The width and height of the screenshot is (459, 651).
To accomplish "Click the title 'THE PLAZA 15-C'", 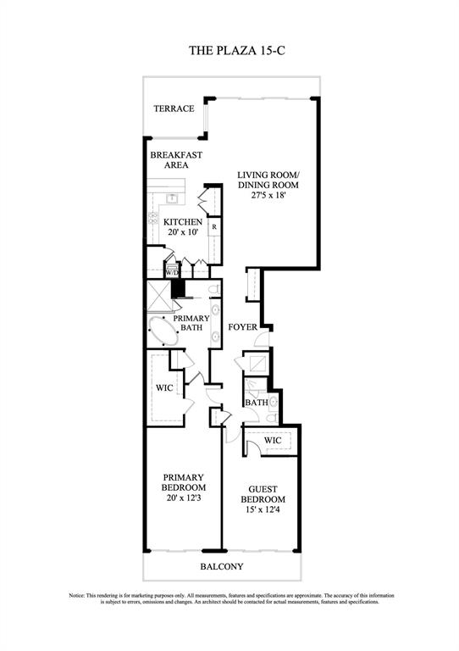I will (229, 52).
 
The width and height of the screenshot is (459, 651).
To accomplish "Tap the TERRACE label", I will (174, 108).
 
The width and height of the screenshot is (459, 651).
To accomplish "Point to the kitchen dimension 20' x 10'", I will (183, 234).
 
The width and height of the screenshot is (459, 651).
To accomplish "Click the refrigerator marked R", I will (214, 227).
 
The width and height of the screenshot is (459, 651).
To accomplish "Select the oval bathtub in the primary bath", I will (163, 328).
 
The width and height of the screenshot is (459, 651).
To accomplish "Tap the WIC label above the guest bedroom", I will (273, 441).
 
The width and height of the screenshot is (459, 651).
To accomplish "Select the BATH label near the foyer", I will (257, 403).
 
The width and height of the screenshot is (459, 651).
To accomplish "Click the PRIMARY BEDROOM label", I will (184, 482).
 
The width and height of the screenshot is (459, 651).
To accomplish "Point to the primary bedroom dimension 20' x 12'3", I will (184, 498).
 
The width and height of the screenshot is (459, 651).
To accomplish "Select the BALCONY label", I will (222, 566).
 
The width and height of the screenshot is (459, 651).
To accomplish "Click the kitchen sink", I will (172, 198).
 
